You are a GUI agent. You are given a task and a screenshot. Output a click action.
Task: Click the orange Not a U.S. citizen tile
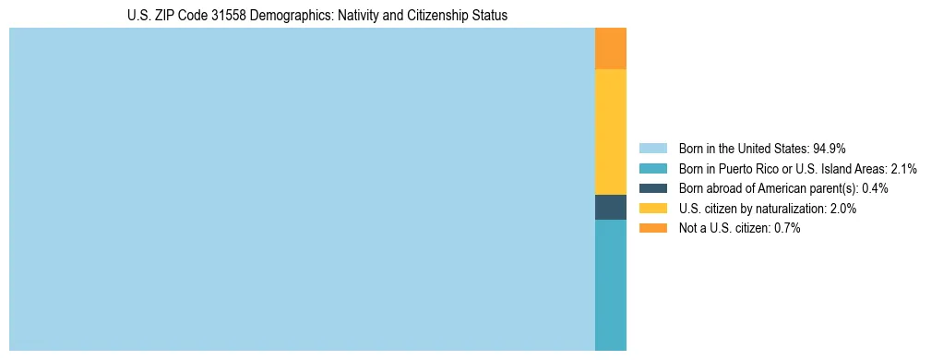pos(610,49)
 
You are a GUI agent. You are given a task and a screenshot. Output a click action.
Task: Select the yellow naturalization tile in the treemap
pos(610,132)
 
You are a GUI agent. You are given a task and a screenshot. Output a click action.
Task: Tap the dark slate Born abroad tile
pos(610,207)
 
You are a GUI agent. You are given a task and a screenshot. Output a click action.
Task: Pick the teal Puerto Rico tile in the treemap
pos(610,284)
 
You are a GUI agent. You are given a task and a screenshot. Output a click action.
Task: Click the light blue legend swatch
pos(652,148)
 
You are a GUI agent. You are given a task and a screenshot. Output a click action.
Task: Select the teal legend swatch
pos(652,168)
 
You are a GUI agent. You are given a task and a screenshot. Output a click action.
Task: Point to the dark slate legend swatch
pos(652,188)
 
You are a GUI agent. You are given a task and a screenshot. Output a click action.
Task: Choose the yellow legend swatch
pos(652,209)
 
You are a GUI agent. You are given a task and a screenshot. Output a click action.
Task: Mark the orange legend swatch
pos(652,228)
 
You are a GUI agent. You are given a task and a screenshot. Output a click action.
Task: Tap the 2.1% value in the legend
pos(903,168)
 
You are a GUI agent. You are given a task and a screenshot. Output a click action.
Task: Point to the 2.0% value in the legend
pos(842,209)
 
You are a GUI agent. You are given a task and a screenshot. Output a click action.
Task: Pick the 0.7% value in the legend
pos(787,228)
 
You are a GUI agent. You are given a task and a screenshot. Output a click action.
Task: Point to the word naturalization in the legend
pos(787,209)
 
